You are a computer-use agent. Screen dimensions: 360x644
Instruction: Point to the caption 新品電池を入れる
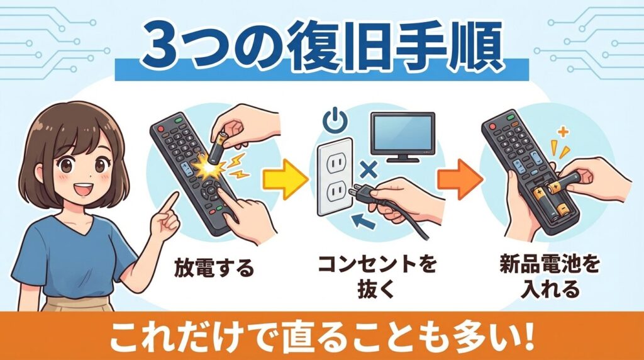[543, 278]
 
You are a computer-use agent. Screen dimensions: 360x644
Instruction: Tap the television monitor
[402, 132]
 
